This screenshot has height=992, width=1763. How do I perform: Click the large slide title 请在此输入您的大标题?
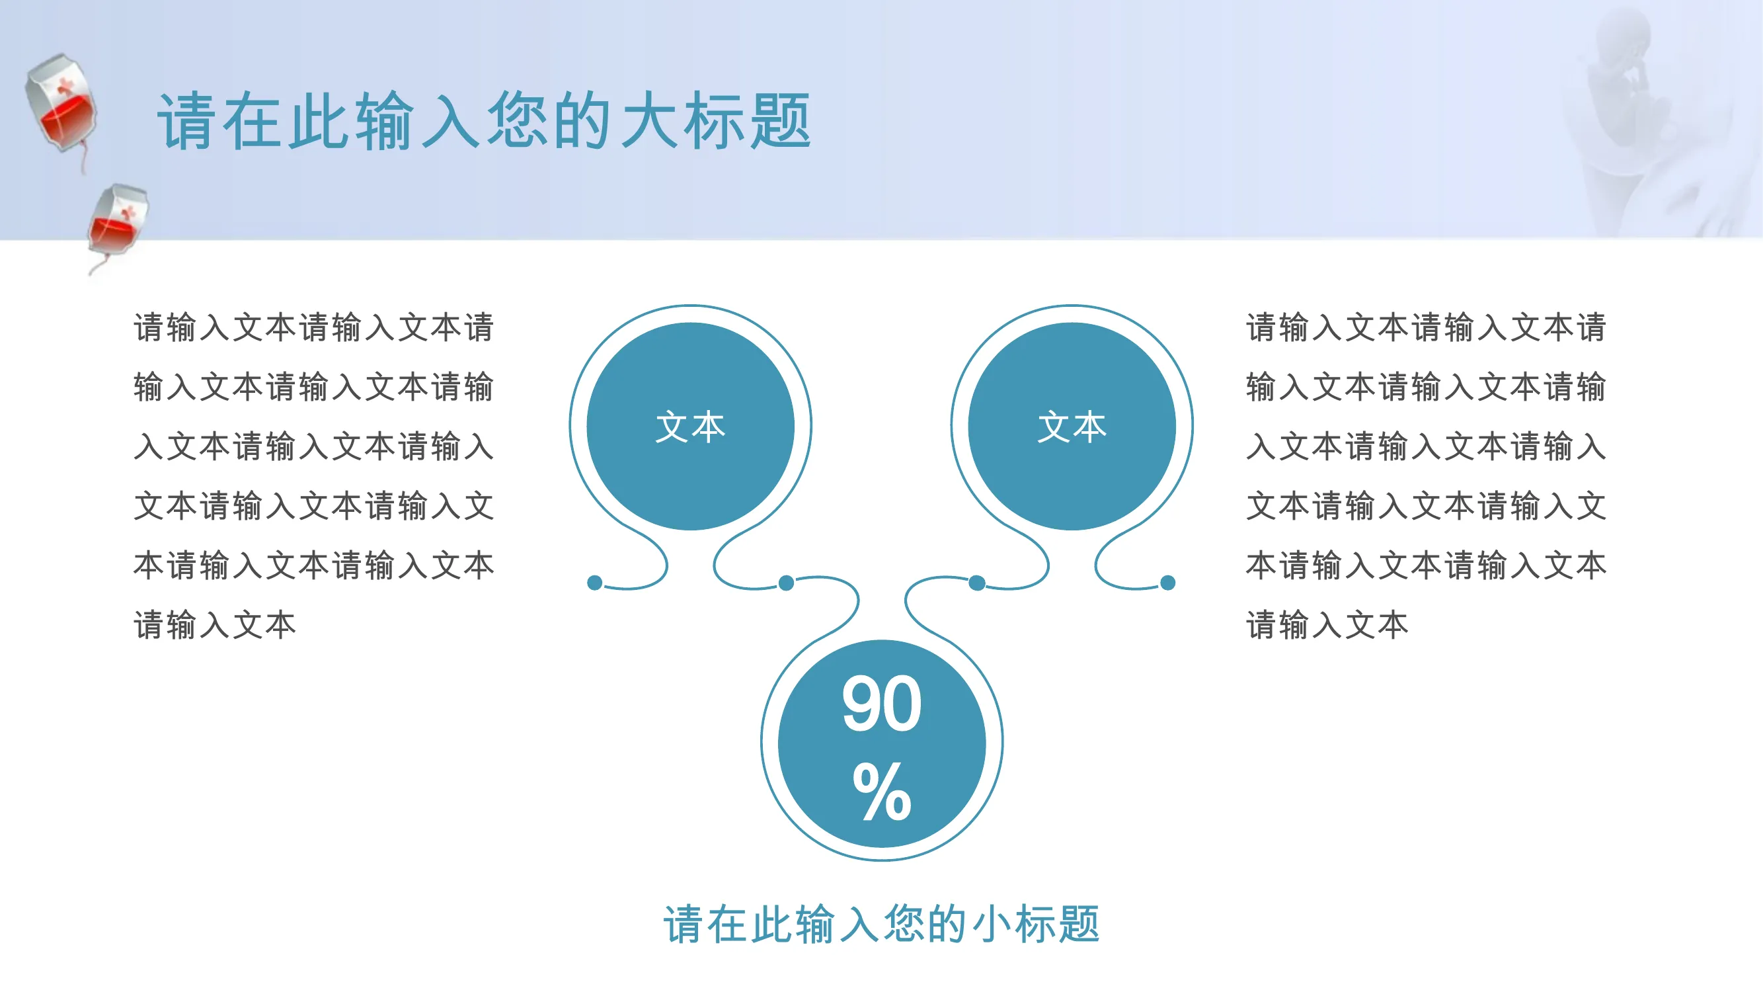(484, 121)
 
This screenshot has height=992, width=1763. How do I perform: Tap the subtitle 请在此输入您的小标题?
(882, 925)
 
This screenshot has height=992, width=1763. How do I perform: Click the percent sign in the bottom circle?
(882, 792)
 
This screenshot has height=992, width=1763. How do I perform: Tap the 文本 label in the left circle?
(690, 427)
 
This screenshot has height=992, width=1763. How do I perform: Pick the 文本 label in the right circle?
(1072, 427)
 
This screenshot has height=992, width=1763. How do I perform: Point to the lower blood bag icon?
(118, 226)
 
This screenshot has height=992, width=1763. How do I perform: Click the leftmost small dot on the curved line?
(595, 583)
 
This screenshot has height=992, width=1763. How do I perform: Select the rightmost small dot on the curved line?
(1167, 583)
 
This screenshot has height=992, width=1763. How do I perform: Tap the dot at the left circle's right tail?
(787, 583)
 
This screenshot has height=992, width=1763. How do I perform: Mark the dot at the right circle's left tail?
(977, 583)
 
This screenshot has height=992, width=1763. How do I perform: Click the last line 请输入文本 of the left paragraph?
(215, 625)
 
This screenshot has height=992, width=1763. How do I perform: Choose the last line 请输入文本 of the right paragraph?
(1327, 625)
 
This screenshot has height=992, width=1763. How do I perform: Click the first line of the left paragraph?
(313, 327)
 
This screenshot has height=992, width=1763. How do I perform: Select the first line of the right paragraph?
(1426, 327)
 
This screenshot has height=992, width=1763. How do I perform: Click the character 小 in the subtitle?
(991, 925)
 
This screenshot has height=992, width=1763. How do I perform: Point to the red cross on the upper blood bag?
(65, 86)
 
